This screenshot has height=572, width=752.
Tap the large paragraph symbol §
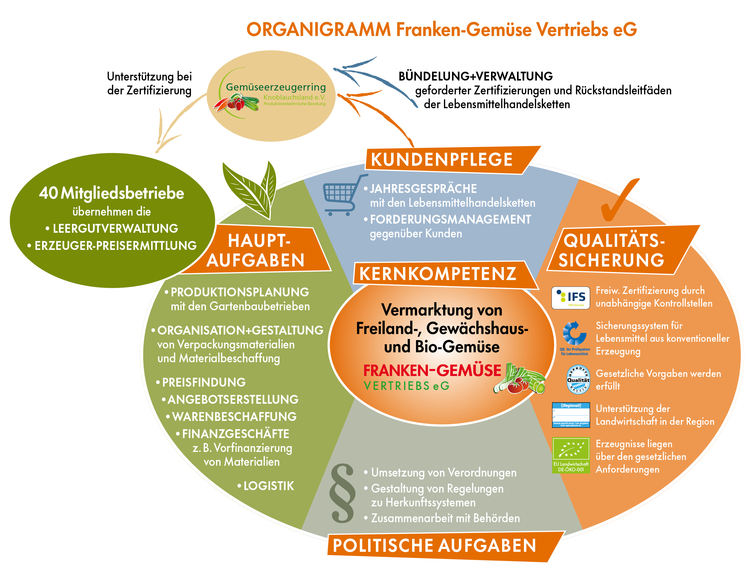(342, 493)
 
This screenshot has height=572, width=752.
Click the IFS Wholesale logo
(570, 297)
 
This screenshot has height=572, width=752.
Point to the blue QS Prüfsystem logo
(575, 337)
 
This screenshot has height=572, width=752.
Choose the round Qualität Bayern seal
(578, 380)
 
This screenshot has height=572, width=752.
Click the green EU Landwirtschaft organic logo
(571, 455)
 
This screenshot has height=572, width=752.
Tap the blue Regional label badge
(570, 415)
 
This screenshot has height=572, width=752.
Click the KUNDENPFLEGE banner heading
(442, 159)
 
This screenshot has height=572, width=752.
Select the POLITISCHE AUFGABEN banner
(434, 545)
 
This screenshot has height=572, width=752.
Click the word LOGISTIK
(268, 486)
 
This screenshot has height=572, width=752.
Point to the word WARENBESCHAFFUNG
(234, 417)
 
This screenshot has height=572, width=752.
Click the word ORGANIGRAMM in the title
(319, 30)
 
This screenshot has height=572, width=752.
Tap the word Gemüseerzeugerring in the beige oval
(276, 87)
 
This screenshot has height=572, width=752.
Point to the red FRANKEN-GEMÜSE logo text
(432, 371)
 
